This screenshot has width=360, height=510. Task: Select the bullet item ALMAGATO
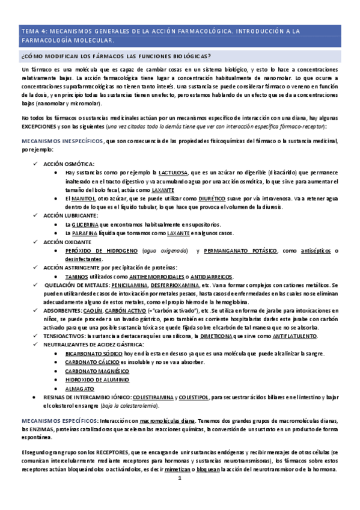pos(80,389)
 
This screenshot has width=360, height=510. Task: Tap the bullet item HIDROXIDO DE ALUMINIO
pos(97,379)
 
